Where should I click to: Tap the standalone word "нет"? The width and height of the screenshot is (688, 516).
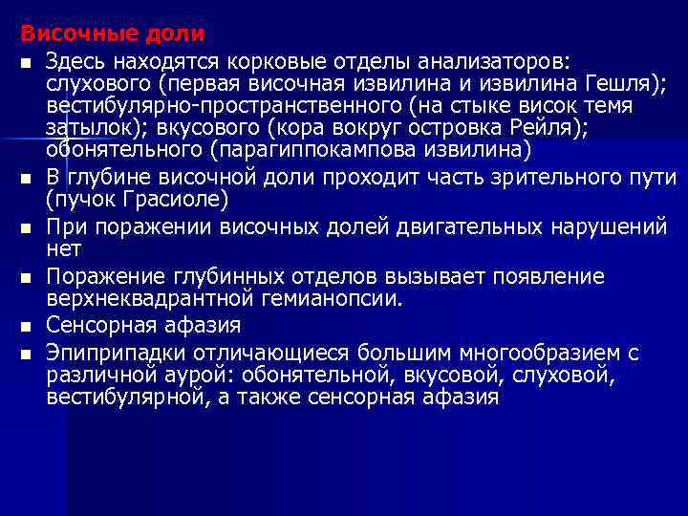(x=63, y=248)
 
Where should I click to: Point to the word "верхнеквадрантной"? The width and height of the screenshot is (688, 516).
(x=138, y=298)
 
